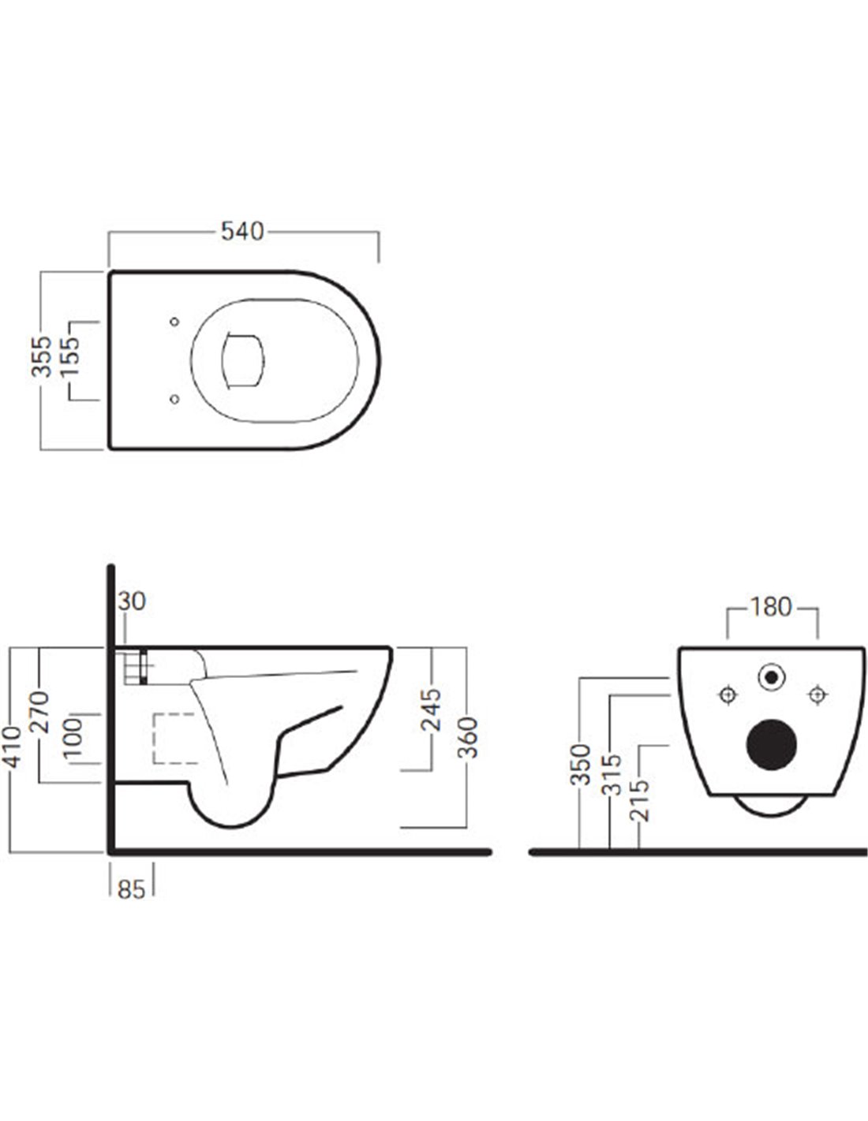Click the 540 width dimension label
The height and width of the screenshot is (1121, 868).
(x=242, y=232)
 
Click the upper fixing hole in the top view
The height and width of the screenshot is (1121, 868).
(x=174, y=322)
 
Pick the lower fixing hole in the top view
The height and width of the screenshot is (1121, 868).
(x=174, y=399)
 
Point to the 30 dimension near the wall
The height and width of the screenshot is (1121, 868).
(x=132, y=601)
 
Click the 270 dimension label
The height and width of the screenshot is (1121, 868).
(x=41, y=713)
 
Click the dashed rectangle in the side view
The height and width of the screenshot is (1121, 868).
(x=174, y=738)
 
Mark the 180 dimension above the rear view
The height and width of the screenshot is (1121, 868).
(x=770, y=607)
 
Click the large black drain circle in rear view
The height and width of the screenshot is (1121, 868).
(x=771, y=744)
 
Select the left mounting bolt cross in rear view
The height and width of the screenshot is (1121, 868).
(x=727, y=694)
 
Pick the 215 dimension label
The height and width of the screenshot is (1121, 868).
(x=642, y=799)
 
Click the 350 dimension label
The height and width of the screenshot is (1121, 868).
(x=582, y=764)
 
